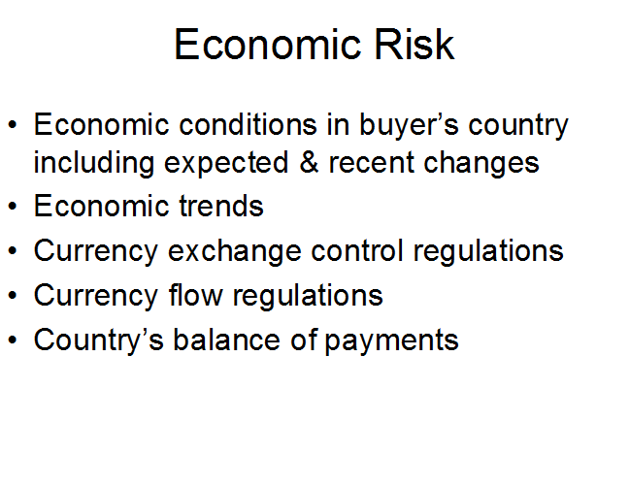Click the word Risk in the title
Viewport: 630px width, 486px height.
click(x=414, y=45)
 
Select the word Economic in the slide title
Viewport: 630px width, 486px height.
click(x=267, y=45)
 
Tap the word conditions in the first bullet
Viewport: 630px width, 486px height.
click(x=248, y=124)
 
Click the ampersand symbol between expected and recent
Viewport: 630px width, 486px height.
click(x=309, y=162)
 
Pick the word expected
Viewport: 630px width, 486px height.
click(x=226, y=165)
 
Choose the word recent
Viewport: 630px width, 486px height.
click(x=371, y=163)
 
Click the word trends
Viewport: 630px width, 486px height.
click(x=221, y=206)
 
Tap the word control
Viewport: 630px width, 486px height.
click(x=357, y=250)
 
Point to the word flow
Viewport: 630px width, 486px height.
click(x=195, y=295)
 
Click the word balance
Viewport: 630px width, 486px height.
click(x=226, y=340)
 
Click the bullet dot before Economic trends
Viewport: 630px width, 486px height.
click(x=13, y=207)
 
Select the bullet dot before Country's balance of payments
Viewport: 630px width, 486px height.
click(x=13, y=340)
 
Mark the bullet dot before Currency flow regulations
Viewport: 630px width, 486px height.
click(x=13, y=296)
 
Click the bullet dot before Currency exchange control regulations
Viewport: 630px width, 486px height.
click(x=13, y=251)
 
